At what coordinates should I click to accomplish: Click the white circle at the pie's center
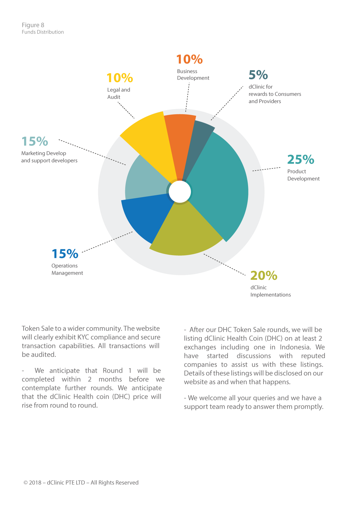tap(180, 192)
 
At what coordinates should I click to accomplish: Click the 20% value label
tap(264, 275)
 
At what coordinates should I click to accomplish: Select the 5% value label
tap(258, 75)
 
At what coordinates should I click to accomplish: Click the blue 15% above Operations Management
tap(65, 254)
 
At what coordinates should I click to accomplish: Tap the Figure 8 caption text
tap(33, 25)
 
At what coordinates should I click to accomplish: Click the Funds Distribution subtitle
tap(43, 32)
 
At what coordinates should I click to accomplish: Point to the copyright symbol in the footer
tap(26, 482)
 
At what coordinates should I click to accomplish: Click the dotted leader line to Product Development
tap(266, 169)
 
